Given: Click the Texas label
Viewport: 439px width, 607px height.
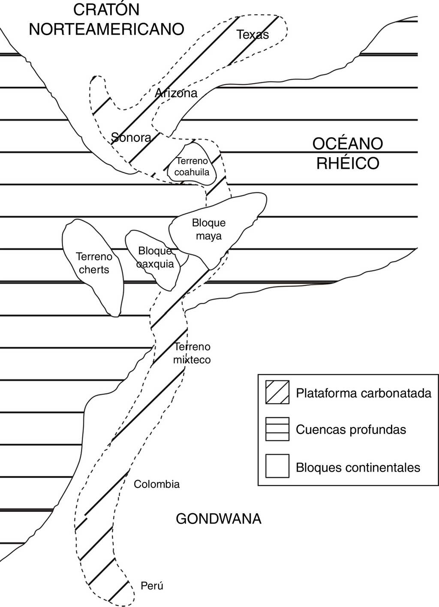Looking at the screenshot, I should pyautogui.click(x=253, y=35).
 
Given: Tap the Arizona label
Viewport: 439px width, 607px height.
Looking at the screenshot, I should pyautogui.click(x=176, y=93).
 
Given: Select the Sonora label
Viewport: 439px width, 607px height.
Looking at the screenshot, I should pyautogui.click(x=131, y=138).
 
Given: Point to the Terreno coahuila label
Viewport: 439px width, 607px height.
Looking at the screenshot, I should pyautogui.click(x=192, y=167).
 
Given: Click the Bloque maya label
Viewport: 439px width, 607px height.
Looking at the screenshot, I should pyautogui.click(x=209, y=229).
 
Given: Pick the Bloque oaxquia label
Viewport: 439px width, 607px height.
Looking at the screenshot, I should pyautogui.click(x=155, y=257).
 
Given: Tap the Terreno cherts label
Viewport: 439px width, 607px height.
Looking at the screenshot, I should pyautogui.click(x=94, y=263).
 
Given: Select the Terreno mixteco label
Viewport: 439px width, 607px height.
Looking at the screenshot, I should pyautogui.click(x=192, y=353).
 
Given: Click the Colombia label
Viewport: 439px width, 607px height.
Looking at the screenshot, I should pyautogui.click(x=156, y=484).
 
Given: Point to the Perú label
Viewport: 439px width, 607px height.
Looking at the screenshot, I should pyautogui.click(x=152, y=586).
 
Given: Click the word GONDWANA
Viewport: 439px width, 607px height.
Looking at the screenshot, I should pyautogui.click(x=219, y=519).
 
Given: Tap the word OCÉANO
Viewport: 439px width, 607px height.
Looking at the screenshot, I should pyautogui.click(x=347, y=144).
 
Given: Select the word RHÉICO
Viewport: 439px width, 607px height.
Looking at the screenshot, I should pyautogui.click(x=348, y=163).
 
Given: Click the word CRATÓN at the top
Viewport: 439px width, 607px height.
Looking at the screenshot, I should pyautogui.click(x=106, y=9).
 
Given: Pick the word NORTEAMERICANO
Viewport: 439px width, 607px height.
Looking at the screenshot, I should pyautogui.click(x=106, y=29).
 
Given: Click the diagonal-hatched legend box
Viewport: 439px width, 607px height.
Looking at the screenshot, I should pyautogui.click(x=277, y=392).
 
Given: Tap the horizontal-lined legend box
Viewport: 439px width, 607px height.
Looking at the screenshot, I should pyautogui.click(x=277, y=429).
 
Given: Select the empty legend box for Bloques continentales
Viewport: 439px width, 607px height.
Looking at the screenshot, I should pyautogui.click(x=277, y=466).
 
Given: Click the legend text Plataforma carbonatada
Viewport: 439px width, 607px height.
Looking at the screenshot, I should pyautogui.click(x=364, y=393).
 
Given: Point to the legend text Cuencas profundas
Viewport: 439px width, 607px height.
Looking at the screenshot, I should pyautogui.click(x=351, y=430).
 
